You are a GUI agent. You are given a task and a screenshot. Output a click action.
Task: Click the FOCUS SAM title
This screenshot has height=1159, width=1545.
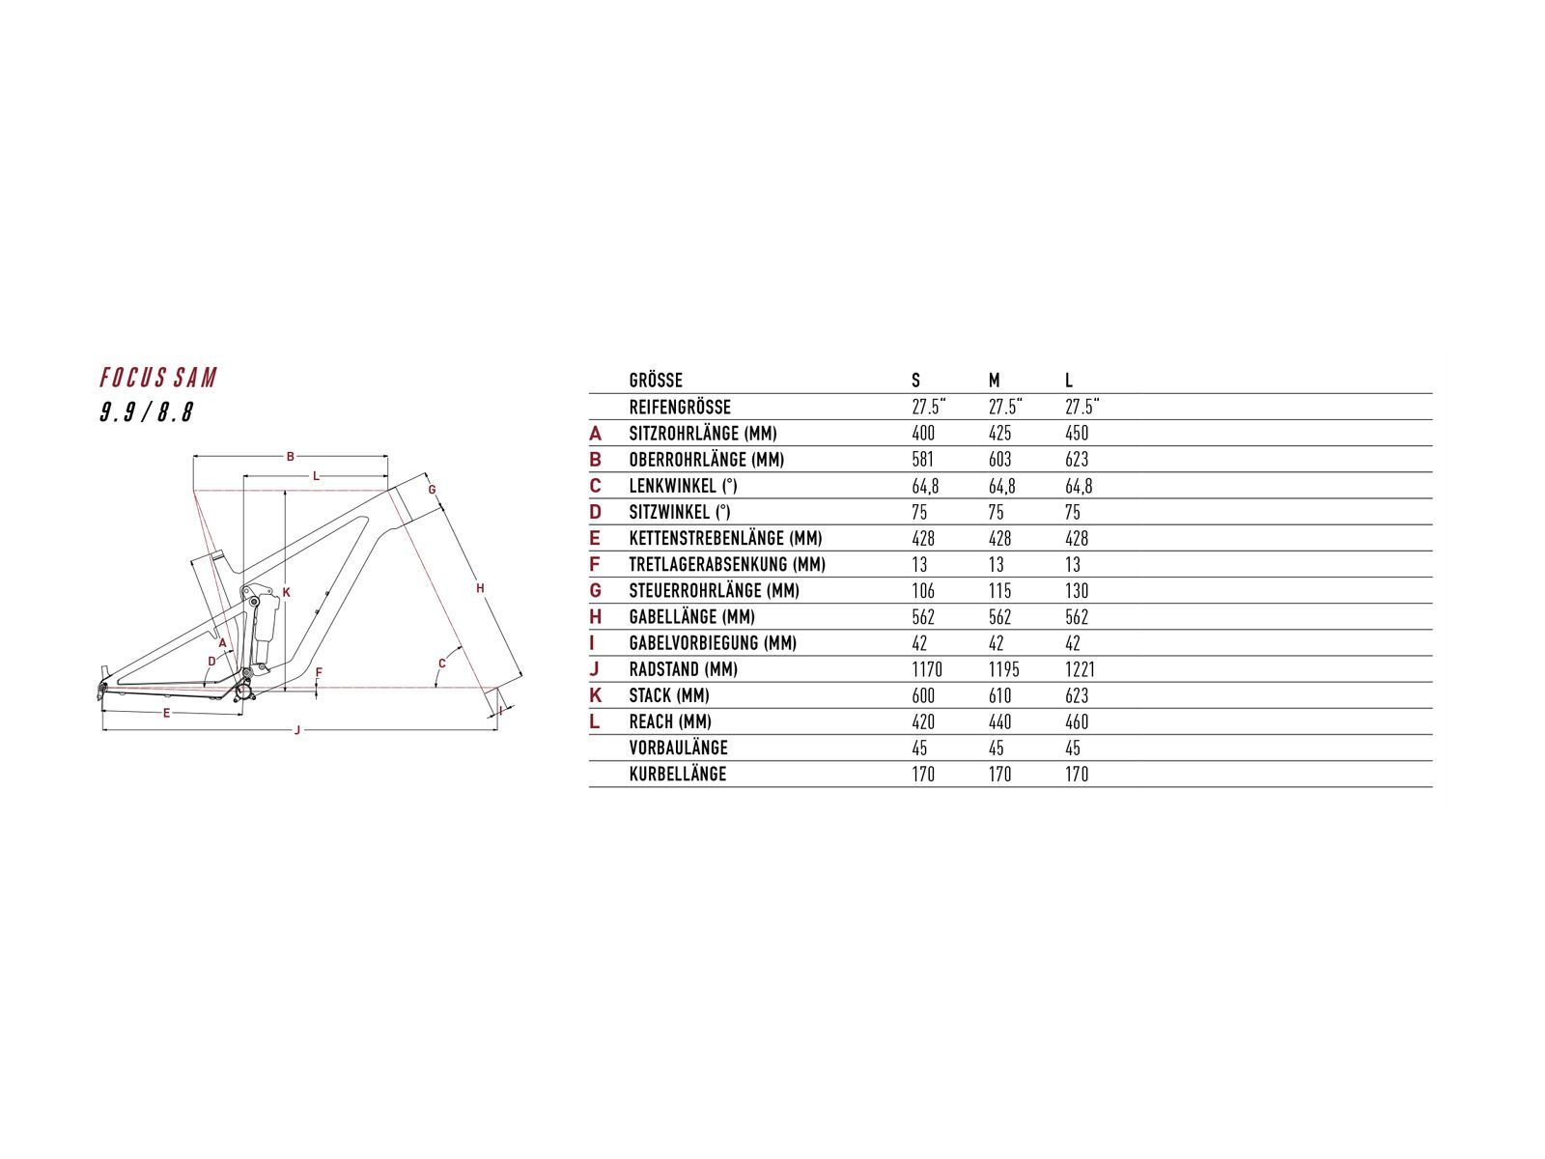pyautogui.click(x=158, y=378)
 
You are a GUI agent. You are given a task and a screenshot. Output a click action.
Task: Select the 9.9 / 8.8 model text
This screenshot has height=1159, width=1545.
pyautogui.click(x=147, y=411)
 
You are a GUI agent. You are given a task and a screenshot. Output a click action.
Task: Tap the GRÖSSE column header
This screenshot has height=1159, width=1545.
pyautogui.click(x=656, y=381)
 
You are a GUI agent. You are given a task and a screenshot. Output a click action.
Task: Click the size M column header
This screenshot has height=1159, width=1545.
pyautogui.click(x=994, y=381)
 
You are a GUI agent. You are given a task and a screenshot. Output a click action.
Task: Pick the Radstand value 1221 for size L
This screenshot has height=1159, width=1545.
pyautogui.click(x=1080, y=669)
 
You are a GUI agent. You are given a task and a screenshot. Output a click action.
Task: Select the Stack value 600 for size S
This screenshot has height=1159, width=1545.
pyautogui.click(x=923, y=695)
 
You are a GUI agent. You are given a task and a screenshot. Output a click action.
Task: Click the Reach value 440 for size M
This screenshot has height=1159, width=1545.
pyautogui.click(x=999, y=722)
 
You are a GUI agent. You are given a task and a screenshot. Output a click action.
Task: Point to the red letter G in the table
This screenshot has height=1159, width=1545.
pyautogui.click(x=596, y=590)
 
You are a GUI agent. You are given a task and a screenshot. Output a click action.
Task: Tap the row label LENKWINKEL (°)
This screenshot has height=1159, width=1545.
pyautogui.click(x=683, y=486)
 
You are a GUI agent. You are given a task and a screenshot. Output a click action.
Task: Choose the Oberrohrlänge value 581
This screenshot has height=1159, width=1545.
pyautogui.click(x=922, y=460)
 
